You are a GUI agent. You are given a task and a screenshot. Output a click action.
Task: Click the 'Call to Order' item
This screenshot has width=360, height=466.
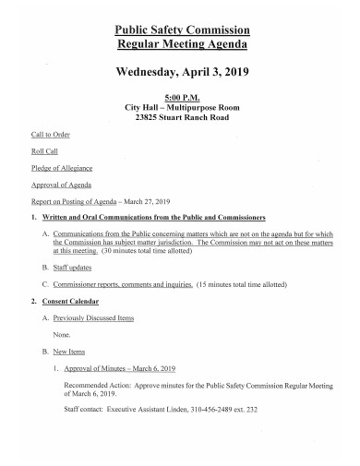(x=52, y=135)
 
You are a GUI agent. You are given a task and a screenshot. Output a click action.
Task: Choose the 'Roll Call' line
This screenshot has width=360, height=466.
(x=45, y=151)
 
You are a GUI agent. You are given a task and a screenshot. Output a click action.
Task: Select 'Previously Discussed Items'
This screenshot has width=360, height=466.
(x=94, y=317)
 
